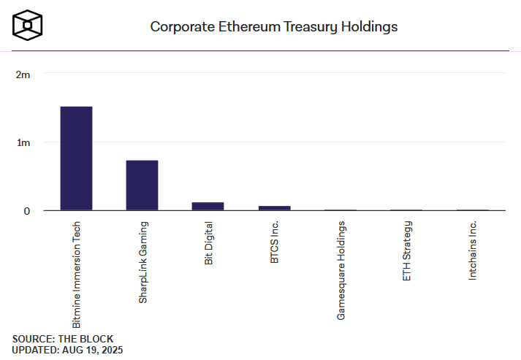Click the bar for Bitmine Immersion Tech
click(x=76, y=158)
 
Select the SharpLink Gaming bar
click(x=142, y=185)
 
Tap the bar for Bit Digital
click(x=208, y=207)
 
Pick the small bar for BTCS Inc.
click(x=274, y=208)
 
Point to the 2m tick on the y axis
click(x=23, y=74)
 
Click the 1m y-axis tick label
click(x=23, y=142)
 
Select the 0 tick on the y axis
click(x=26, y=211)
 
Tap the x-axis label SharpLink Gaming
click(x=142, y=261)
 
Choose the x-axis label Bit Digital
click(x=208, y=244)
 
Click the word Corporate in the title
click(x=180, y=26)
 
